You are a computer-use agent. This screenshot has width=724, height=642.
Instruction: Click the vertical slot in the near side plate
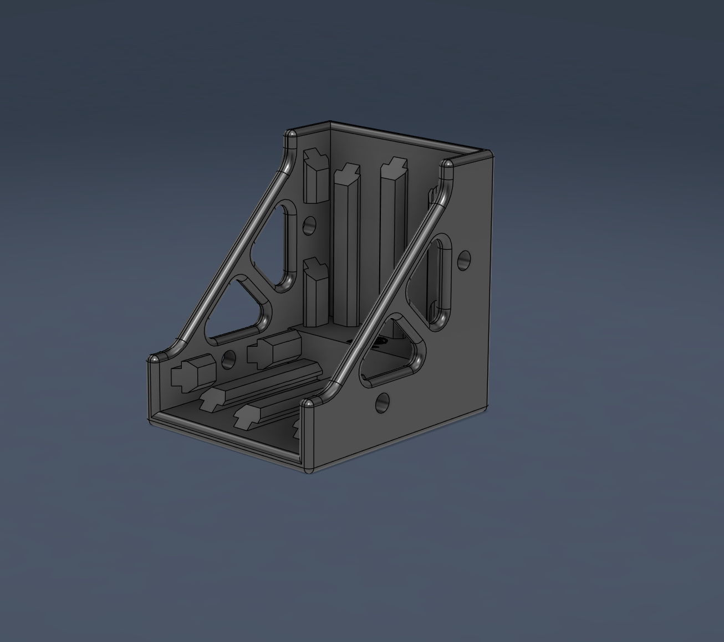[x=442, y=274]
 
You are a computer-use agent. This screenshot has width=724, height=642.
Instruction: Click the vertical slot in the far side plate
[x=287, y=244]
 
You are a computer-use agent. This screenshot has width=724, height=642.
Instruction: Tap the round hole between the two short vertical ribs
[x=309, y=225]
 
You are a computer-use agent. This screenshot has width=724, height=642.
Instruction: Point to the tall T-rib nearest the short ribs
[x=346, y=244]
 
